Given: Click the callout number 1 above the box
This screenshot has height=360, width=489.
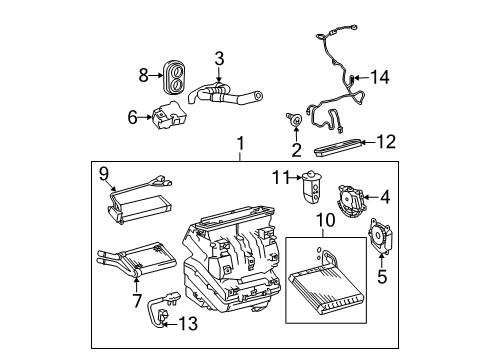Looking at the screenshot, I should point(240,146).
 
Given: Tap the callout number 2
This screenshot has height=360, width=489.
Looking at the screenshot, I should point(295,150).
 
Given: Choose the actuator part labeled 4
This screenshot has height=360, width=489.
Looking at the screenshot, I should point(352,198).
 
